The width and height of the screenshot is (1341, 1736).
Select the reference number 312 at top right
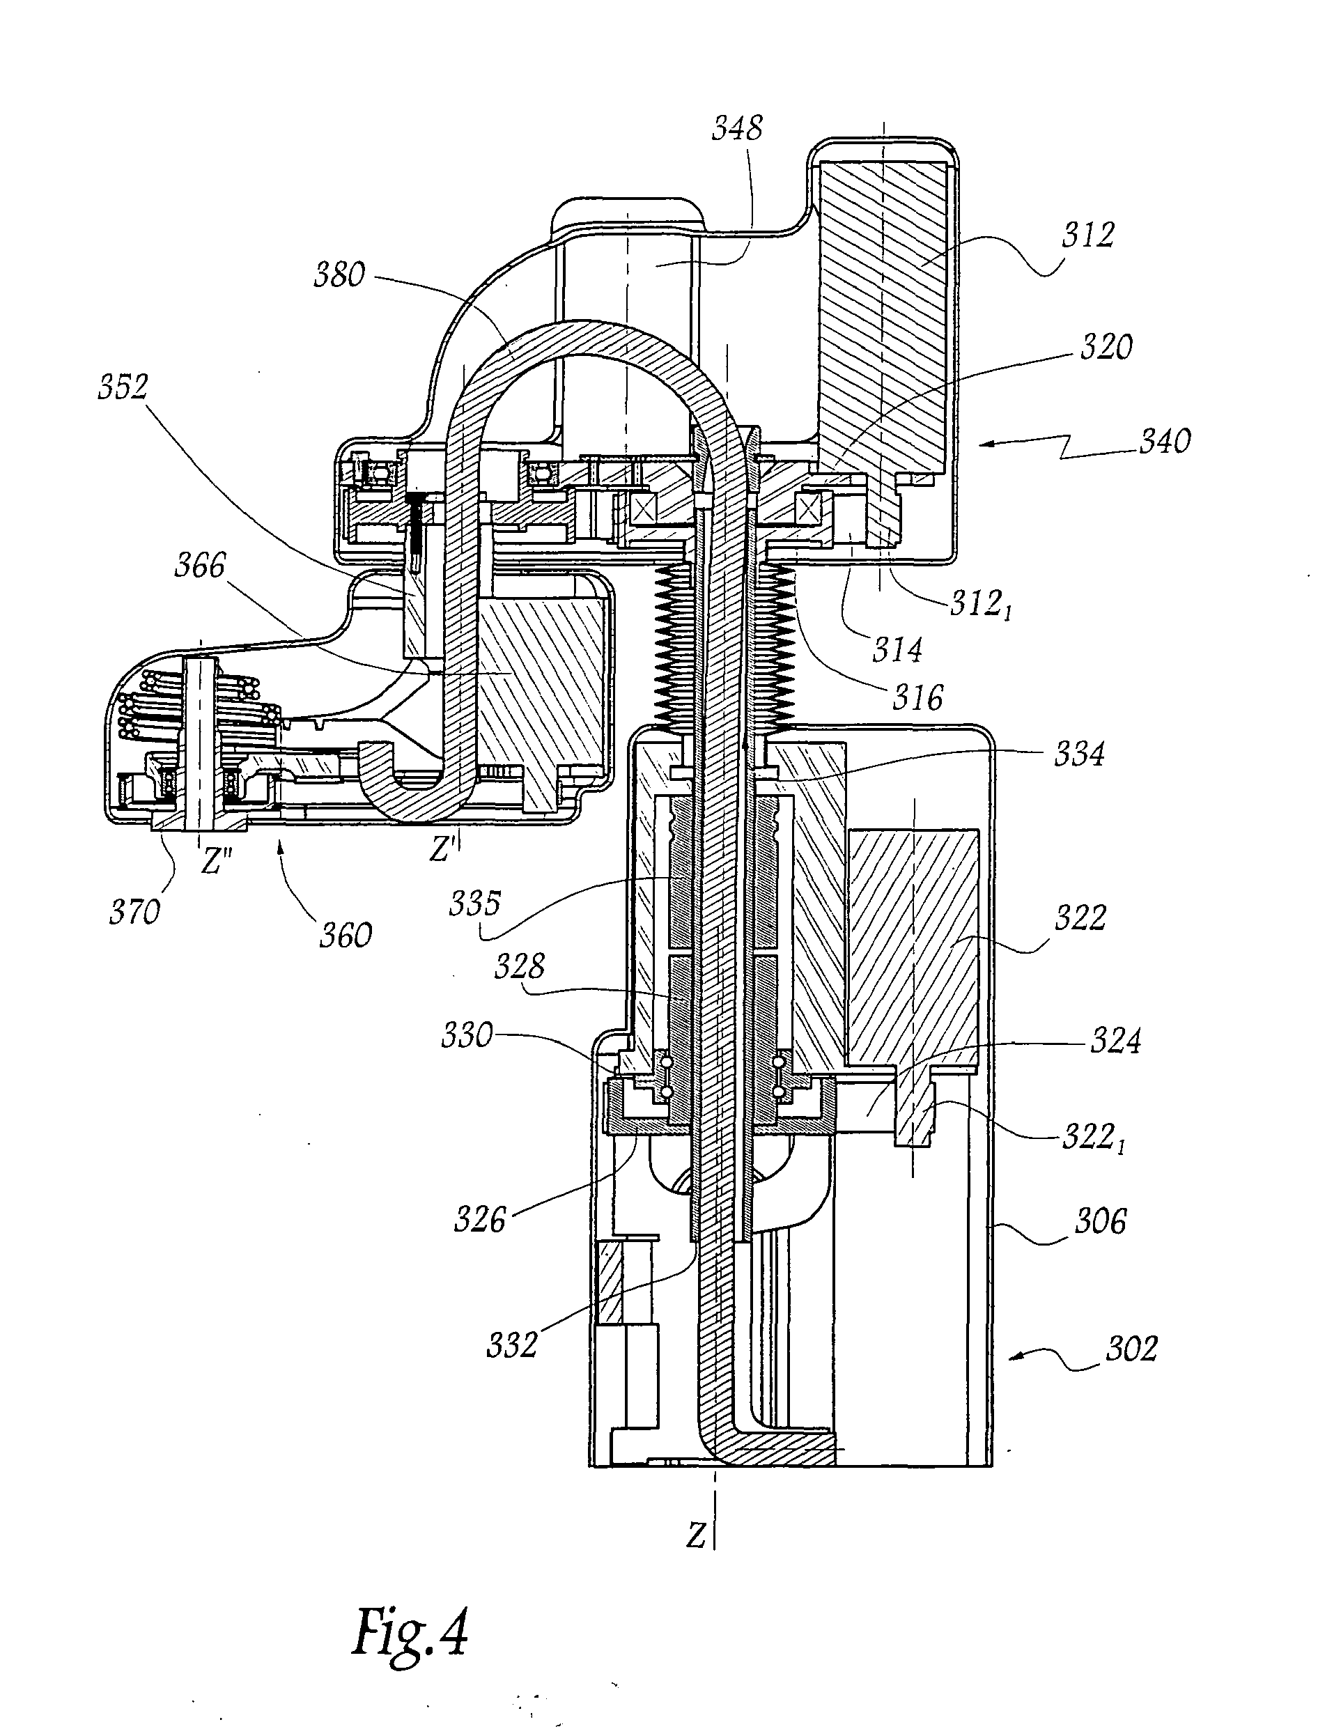1087,235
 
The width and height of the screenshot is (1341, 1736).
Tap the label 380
339,275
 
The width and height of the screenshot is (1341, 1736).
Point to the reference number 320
1106,348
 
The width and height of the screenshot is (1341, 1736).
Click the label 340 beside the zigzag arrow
1165,441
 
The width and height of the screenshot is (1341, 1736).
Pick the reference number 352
123,387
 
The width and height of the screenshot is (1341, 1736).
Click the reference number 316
917,698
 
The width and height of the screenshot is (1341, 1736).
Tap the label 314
897,650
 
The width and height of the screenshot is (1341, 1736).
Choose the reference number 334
1078,754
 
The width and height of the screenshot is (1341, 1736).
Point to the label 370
134,912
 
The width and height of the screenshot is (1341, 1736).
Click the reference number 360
346,936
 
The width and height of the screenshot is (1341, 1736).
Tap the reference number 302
1131,1349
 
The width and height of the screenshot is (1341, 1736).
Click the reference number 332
512,1344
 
